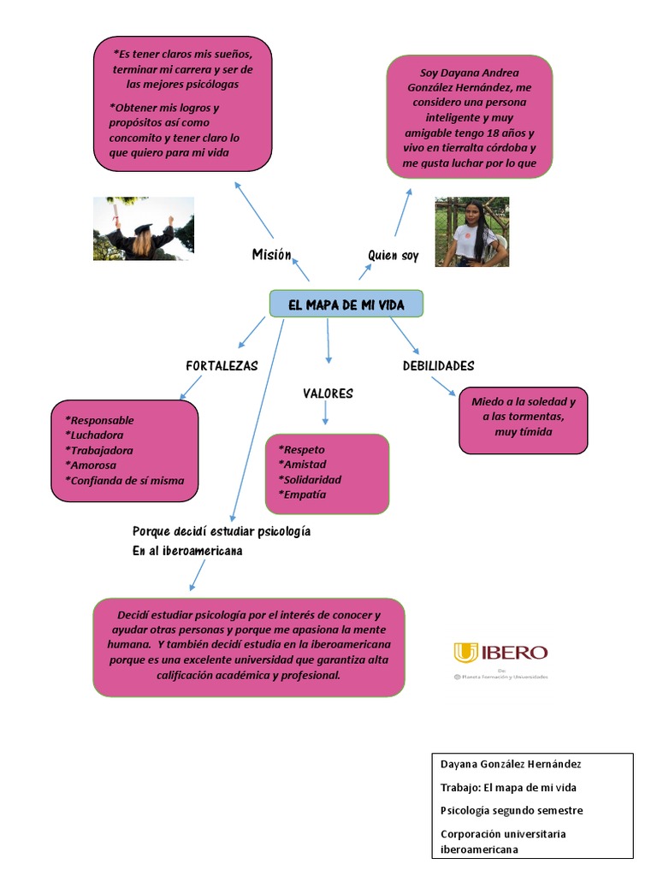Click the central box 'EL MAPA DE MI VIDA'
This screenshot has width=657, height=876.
point(346,305)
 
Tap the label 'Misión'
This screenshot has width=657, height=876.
point(271,254)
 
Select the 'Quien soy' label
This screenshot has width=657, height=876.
point(393,255)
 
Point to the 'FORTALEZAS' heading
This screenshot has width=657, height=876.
point(222,365)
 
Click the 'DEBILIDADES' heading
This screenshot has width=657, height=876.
point(438,365)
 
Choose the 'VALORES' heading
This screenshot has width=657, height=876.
point(328,394)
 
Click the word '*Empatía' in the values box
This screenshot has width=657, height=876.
point(302,494)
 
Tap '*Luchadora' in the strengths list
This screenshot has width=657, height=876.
point(94,435)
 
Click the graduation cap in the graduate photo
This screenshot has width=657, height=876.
point(143,228)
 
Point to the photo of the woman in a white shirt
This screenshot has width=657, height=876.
point(471,232)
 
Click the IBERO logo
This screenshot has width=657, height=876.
point(500,654)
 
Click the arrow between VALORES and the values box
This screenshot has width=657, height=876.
point(325,415)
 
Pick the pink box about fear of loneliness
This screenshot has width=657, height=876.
point(523,419)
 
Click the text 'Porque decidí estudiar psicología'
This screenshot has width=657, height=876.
point(222,531)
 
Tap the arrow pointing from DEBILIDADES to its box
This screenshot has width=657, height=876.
point(443,386)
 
